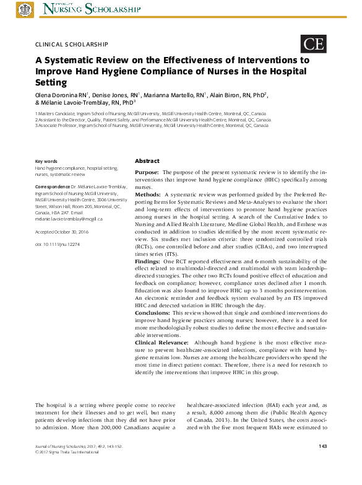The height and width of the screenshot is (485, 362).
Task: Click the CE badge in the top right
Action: click(313, 43)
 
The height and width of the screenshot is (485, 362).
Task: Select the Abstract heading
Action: click(147, 160)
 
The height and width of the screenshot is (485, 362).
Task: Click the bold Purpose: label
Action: click(147, 172)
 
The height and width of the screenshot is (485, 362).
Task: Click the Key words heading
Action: click(46, 161)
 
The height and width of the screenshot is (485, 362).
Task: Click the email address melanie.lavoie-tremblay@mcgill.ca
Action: click(69, 219)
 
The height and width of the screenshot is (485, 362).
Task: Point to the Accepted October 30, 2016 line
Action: click(62, 231)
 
